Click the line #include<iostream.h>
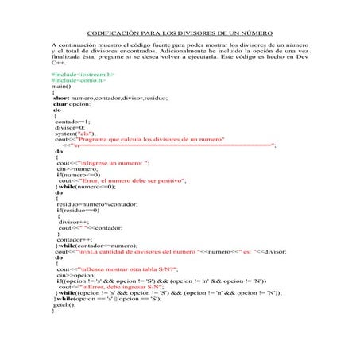point(83,75)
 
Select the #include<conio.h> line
point(79,81)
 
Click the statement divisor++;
point(75,224)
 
